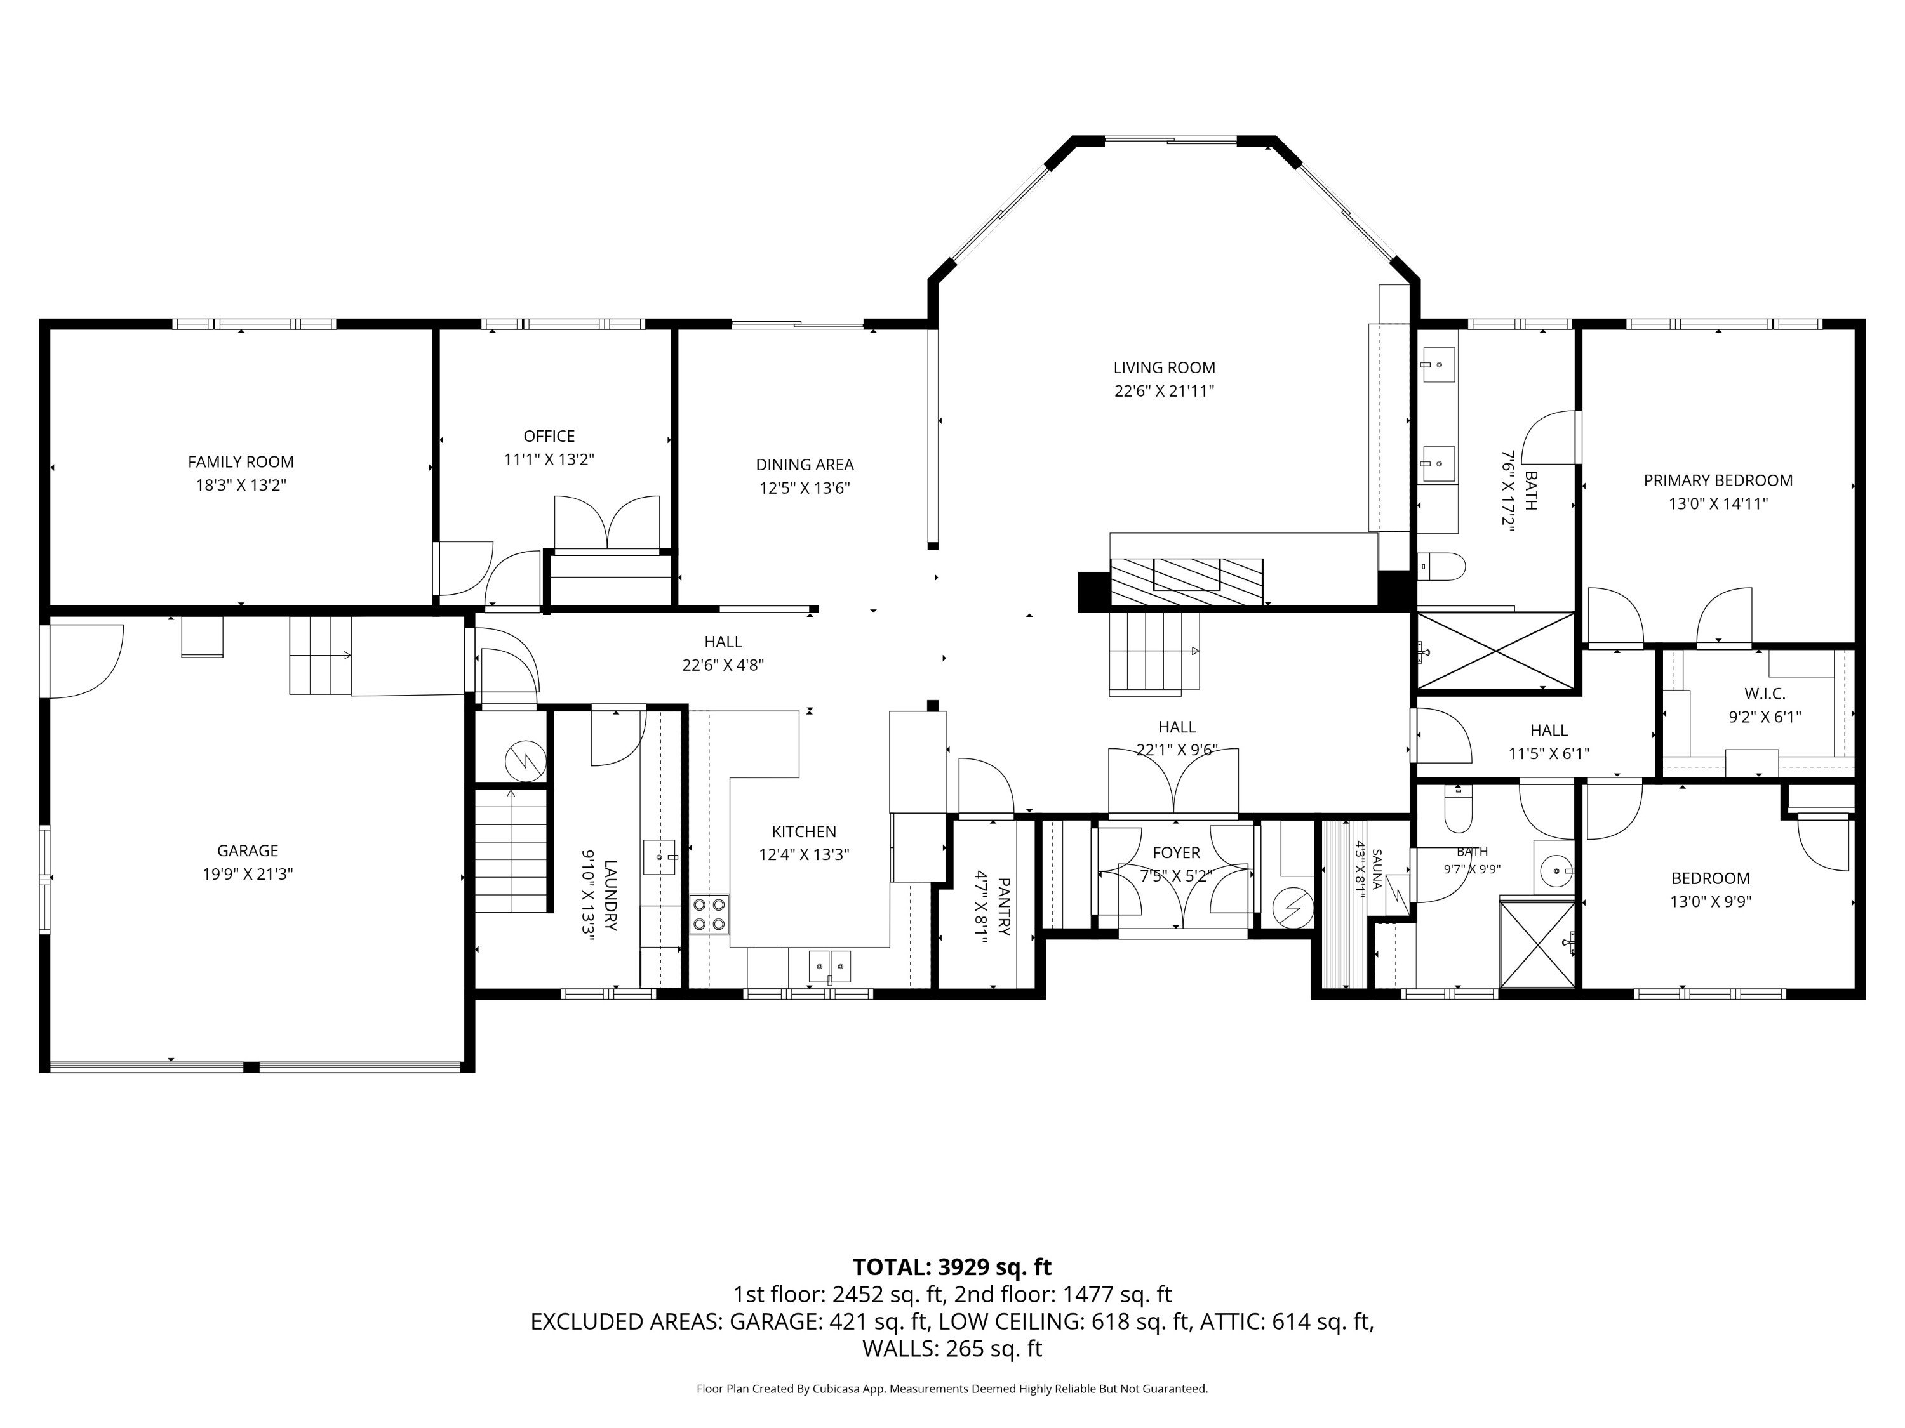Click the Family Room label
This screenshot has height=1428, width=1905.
tap(241, 462)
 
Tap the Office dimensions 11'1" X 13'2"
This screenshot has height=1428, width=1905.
tap(549, 459)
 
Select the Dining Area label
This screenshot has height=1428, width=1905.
tap(805, 465)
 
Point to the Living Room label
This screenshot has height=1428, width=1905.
tap(1165, 367)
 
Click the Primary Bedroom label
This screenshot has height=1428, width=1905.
tap(1718, 480)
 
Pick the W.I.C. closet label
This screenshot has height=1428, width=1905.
tap(1765, 693)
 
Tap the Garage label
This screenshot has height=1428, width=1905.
tap(248, 850)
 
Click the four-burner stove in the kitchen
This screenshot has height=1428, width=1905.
tap(709, 914)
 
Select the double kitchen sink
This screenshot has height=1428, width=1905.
tap(829, 967)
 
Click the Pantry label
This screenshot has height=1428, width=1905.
tap(1003, 906)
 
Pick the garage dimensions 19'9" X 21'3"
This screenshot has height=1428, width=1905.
tap(248, 874)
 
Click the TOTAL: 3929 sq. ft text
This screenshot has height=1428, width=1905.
tap(952, 1267)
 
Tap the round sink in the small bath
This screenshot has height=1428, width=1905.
tap(1557, 871)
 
